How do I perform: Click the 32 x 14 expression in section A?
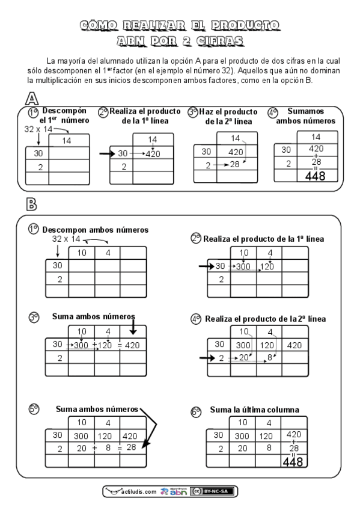(38, 129)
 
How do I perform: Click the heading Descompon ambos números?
(96, 229)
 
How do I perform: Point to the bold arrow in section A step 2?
(106, 153)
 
